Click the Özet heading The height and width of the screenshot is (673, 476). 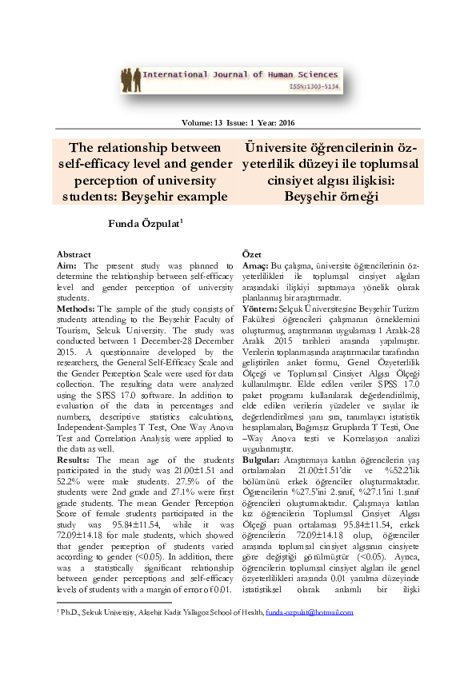(251, 253)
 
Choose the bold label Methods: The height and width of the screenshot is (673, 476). (77, 309)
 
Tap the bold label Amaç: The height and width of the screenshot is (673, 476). (255, 265)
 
